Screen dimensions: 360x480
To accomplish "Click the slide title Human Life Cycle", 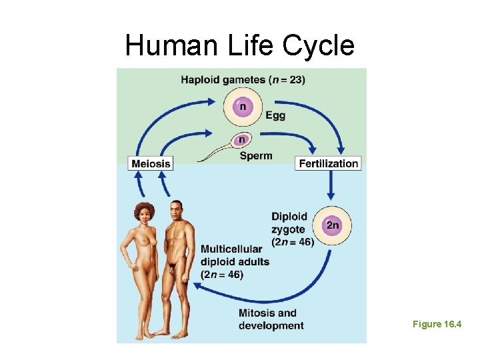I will click(240, 45).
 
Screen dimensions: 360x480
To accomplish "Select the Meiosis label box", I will click(151, 163).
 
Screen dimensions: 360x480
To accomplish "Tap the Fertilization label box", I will click(328, 163).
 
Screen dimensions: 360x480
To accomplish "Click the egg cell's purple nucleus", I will click(243, 106).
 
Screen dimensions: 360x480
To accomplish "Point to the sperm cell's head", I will click(241, 140).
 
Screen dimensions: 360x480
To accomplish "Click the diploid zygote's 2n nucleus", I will click(332, 225).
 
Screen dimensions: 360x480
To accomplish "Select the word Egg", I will click(275, 115).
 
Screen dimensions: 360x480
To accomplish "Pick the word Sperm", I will click(256, 156).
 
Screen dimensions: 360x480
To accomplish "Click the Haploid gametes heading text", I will click(243, 80).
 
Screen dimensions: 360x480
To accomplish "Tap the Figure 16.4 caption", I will click(437, 324).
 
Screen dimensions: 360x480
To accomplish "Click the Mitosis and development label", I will click(271, 319).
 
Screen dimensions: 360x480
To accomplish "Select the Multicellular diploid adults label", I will click(235, 261).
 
